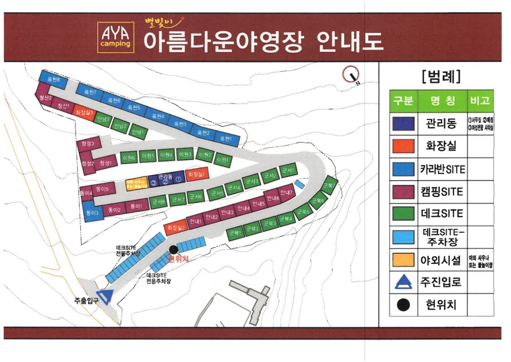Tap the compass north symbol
(x=352, y=74)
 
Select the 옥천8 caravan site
(x=53, y=81)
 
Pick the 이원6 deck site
(x=129, y=158)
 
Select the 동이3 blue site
(x=92, y=213)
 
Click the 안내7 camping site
(x=286, y=193)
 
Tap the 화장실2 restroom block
(x=176, y=228)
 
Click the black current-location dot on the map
(x=173, y=249)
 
